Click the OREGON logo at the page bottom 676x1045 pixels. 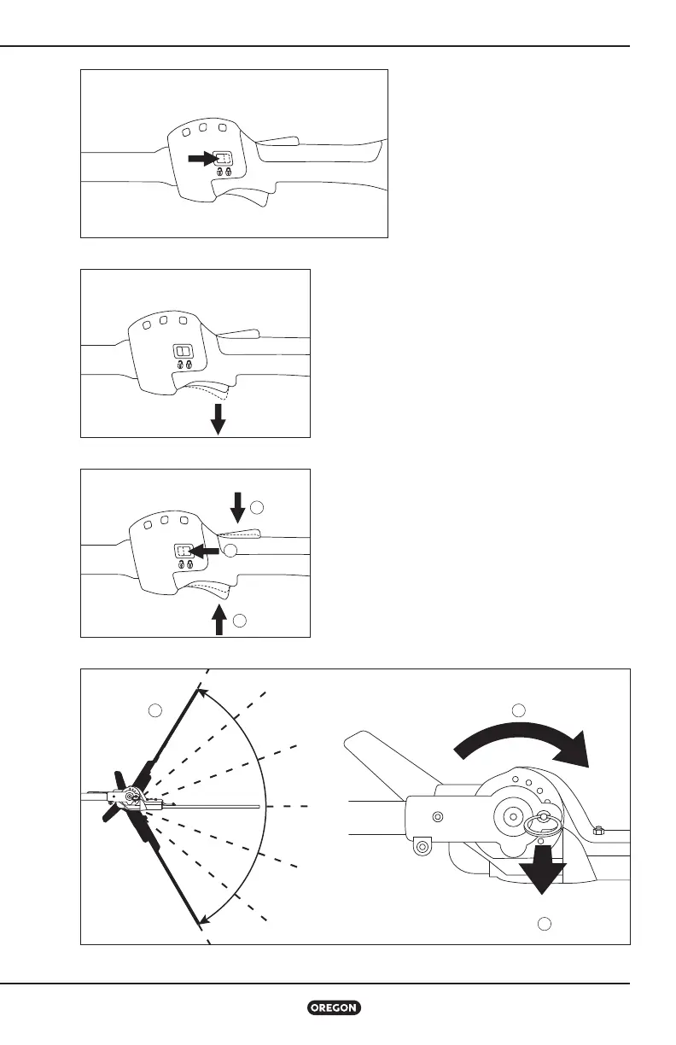335,1007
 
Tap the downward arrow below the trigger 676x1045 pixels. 219,418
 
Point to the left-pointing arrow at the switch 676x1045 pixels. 204,552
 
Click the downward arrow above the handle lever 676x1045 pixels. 237,504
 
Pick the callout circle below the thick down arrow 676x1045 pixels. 545,924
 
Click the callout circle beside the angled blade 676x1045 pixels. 154,709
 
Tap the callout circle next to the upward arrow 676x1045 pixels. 241,620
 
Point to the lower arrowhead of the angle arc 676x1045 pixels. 202,919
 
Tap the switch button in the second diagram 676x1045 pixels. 183,351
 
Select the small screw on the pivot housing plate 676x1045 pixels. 438,816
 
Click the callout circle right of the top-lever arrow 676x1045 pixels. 259,509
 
